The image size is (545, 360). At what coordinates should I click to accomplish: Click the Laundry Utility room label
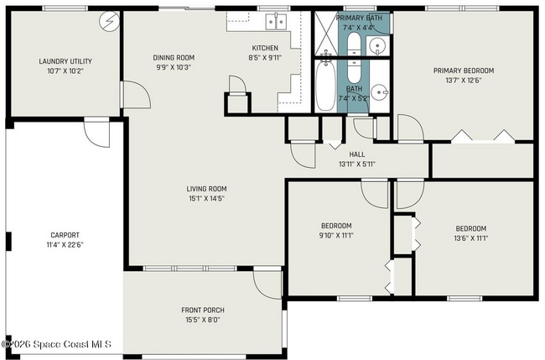click(65, 61)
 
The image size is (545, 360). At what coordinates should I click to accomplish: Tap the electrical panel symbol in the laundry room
click(109, 21)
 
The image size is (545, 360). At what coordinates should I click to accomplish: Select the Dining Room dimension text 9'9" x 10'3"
click(174, 67)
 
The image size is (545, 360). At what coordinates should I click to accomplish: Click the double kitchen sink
click(276, 22)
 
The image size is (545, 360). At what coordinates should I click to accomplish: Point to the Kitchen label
click(265, 48)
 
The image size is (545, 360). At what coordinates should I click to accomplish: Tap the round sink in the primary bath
click(377, 45)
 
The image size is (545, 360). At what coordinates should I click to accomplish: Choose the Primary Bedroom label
click(464, 70)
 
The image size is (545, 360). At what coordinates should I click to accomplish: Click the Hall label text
click(357, 154)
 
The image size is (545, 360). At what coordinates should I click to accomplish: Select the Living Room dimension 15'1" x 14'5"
click(206, 199)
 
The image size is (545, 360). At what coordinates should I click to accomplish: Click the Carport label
click(65, 235)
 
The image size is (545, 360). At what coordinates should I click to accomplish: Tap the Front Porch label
click(203, 310)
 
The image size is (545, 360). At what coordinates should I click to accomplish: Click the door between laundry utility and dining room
click(135, 95)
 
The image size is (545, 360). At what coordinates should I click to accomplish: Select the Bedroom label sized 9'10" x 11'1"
click(336, 226)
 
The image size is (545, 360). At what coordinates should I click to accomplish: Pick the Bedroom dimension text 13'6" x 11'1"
click(471, 238)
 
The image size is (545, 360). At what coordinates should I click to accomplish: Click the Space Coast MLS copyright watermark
click(56, 344)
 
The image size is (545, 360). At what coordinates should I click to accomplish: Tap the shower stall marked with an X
click(326, 34)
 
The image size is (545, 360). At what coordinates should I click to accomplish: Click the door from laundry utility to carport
click(97, 133)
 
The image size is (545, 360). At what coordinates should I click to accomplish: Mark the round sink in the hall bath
click(379, 92)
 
